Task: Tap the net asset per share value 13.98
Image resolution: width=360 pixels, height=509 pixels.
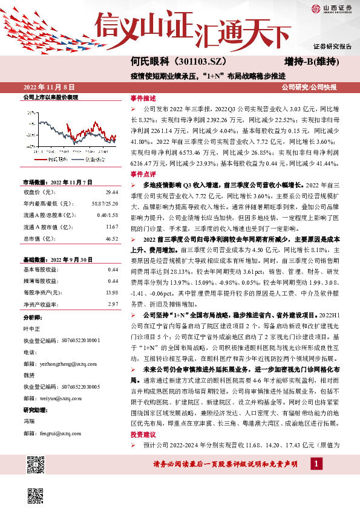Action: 111,292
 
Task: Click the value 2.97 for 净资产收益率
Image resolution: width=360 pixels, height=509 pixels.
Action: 113,304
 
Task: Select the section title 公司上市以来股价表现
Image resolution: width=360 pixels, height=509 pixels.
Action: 50,97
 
